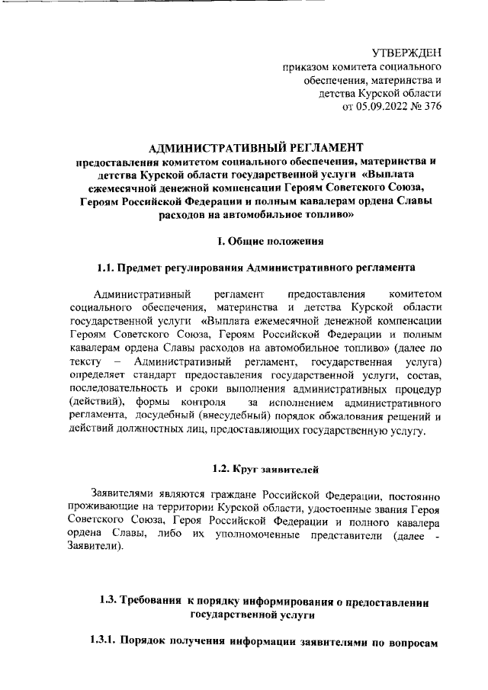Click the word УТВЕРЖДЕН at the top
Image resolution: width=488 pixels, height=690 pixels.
[x=406, y=53]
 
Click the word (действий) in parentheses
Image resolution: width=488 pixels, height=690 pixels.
[x=98, y=400]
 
